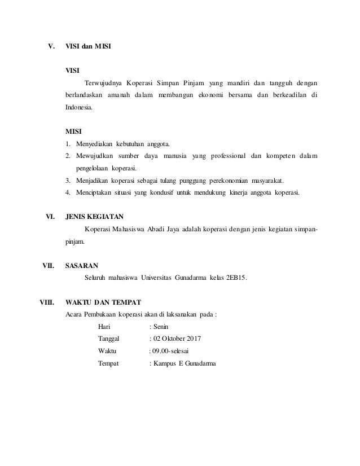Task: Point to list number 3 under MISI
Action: click(68, 181)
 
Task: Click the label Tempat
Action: click(108, 364)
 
